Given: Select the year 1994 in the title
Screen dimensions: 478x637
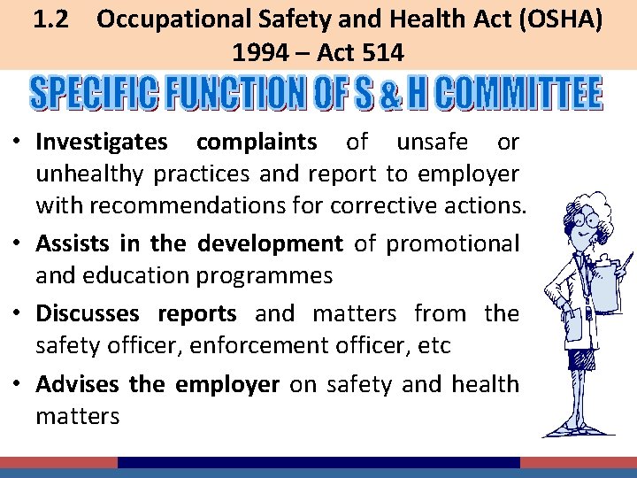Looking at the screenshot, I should coord(260,53).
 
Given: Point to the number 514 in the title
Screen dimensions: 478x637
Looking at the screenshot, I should coord(382,53).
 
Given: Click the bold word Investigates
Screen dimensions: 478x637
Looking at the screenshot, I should coord(101,142).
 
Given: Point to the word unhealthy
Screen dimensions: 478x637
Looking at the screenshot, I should coord(91,174).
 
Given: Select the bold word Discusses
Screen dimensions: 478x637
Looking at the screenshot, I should coord(88,313).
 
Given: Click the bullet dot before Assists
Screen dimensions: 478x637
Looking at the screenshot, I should coord(19,243).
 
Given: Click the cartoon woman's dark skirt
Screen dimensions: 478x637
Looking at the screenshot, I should coord(581,358).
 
